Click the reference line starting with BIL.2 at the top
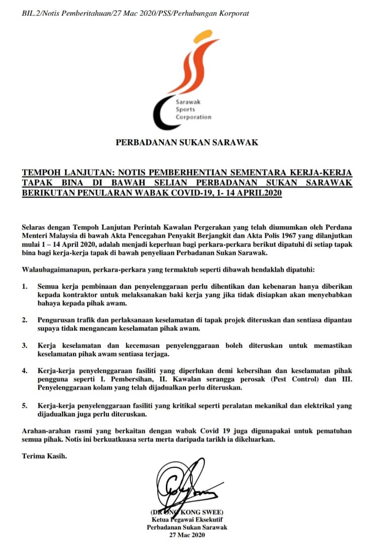click(x=136, y=13)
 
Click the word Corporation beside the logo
click(x=194, y=117)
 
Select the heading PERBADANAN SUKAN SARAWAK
click(x=187, y=142)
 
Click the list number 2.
click(x=25, y=320)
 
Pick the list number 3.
click(x=25, y=346)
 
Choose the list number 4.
click(x=25, y=371)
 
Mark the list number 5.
click(x=25, y=405)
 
